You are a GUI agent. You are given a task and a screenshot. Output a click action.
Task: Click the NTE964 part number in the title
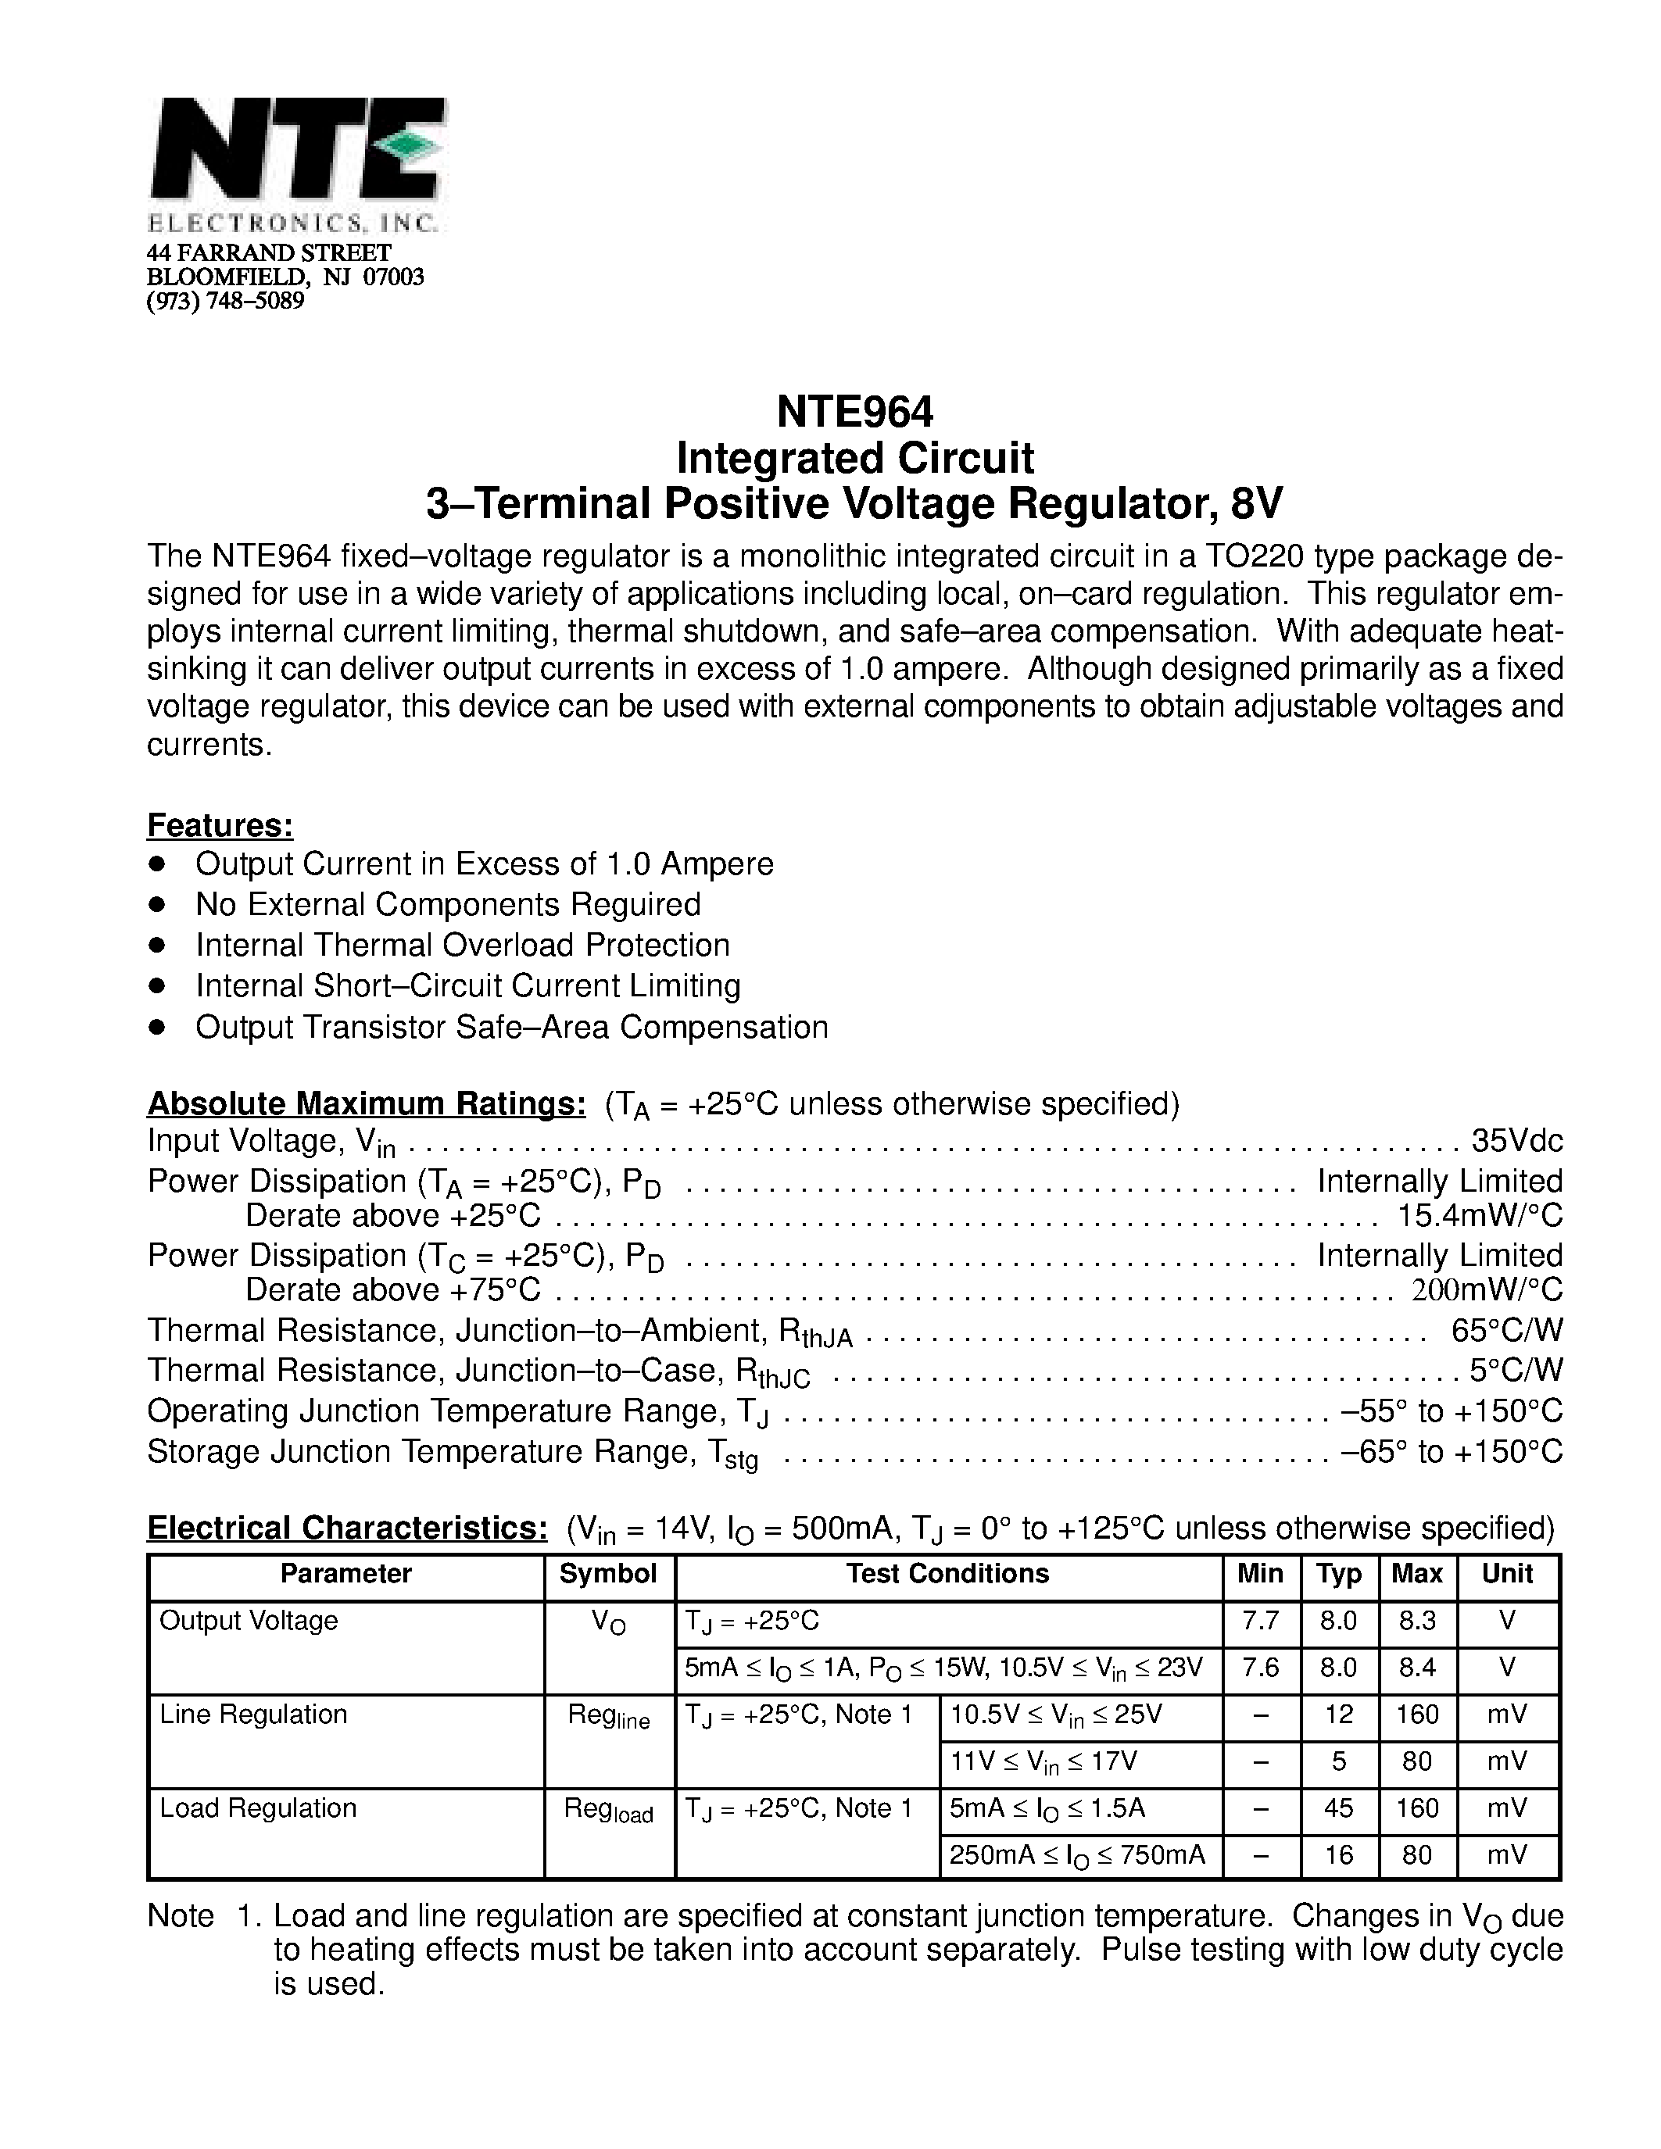(x=854, y=411)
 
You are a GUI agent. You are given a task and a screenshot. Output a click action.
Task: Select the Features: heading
(x=220, y=824)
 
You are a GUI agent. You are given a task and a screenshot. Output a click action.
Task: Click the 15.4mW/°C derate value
(x=1480, y=1215)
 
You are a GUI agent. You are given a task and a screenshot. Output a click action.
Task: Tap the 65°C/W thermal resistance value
(x=1506, y=1330)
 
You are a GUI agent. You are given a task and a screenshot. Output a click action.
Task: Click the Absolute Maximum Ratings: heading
(x=366, y=1104)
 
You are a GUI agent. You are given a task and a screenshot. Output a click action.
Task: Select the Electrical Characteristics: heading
(x=346, y=1528)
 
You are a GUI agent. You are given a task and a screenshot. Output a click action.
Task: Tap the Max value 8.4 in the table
(x=1417, y=1668)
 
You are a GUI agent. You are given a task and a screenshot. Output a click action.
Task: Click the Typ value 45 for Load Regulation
(x=1338, y=1808)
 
